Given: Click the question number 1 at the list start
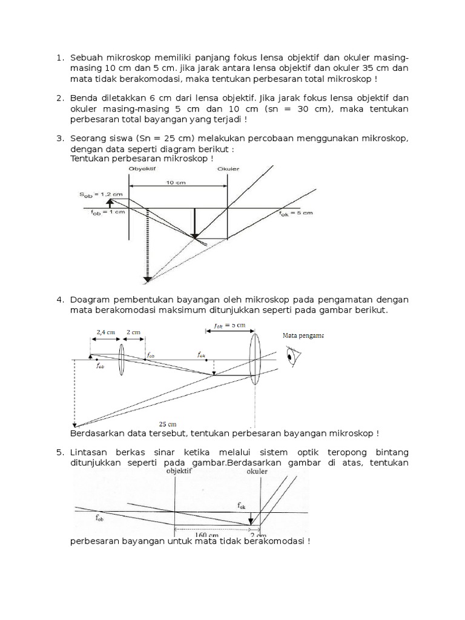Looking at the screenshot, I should click(59, 58).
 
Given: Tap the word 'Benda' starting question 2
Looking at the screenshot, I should click(85, 97).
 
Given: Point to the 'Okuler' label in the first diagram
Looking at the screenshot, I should click(228, 170).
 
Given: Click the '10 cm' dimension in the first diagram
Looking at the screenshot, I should click(176, 181).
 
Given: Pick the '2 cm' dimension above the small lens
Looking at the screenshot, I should click(132, 332).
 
